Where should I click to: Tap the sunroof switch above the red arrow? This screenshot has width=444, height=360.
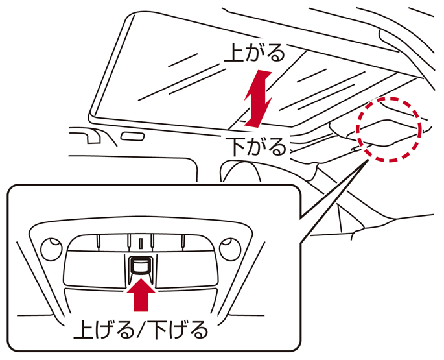pyautogui.click(x=140, y=265)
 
